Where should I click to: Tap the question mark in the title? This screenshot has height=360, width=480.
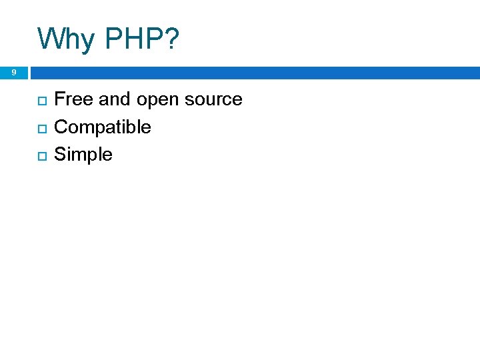(x=171, y=39)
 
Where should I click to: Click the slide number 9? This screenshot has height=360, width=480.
(x=13, y=72)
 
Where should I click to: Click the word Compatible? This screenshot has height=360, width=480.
(x=102, y=127)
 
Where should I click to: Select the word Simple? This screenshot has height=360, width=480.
(x=83, y=155)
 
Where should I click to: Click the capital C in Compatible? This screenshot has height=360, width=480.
(x=61, y=127)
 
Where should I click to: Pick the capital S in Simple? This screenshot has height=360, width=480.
(x=60, y=155)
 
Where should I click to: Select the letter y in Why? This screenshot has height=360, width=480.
(x=83, y=41)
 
